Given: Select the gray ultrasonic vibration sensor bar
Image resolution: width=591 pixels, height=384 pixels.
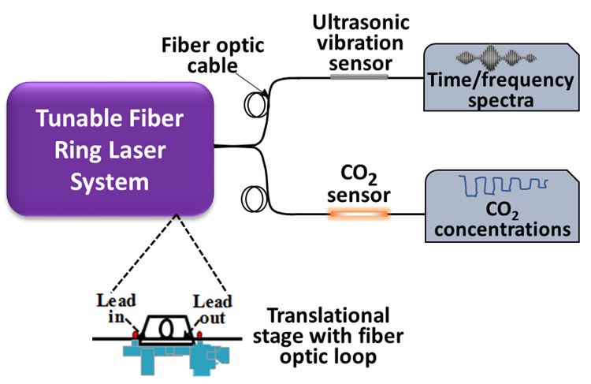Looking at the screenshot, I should [359, 77].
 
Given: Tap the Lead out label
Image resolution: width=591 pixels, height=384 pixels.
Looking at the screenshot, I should [214, 308].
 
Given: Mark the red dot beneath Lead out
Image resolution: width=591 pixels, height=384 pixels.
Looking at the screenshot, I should [199, 336].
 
